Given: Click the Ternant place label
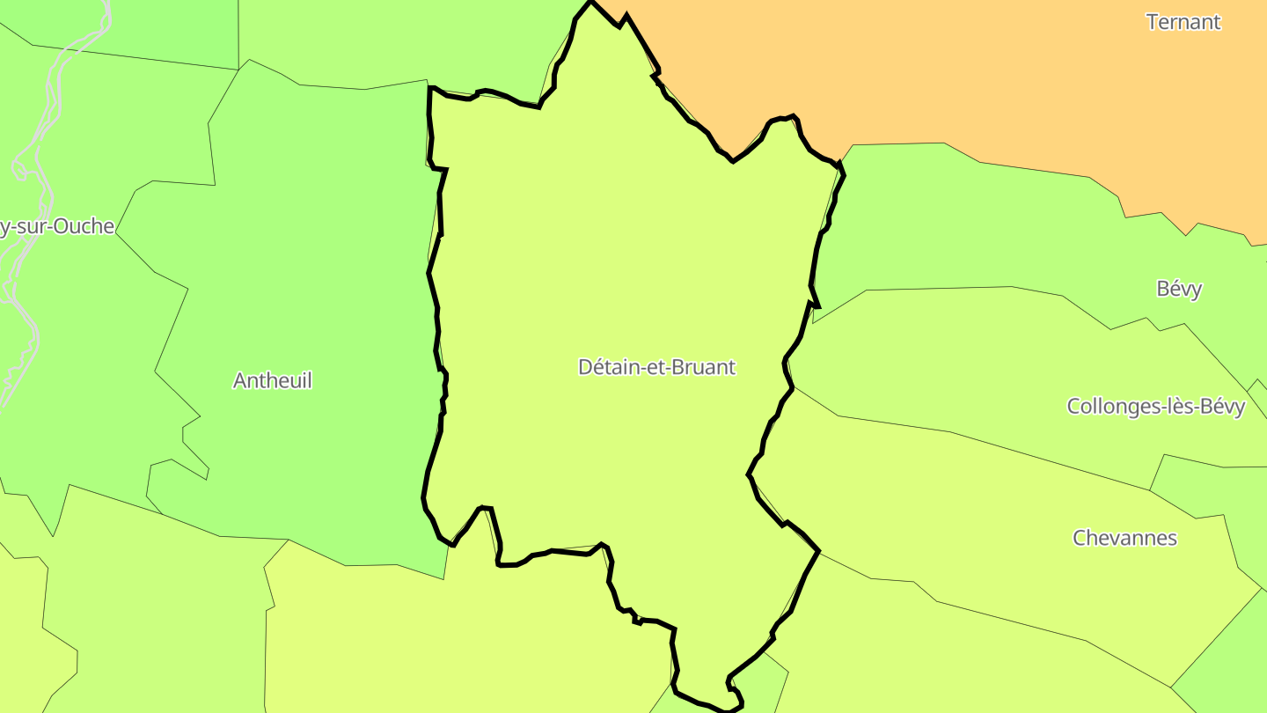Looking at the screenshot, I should click(x=1183, y=22).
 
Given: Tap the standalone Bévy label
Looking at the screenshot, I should click(x=1179, y=289).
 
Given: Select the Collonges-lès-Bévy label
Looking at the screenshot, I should click(x=1156, y=407).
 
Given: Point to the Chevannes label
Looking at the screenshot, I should click(x=1124, y=538).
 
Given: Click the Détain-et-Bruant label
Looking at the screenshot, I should click(x=656, y=367).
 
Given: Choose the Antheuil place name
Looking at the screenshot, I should click(x=273, y=380).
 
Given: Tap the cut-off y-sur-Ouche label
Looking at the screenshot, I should click(x=56, y=226).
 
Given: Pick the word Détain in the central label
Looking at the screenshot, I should click(x=608, y=367).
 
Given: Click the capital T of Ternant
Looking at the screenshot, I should click(x=1153, y=22).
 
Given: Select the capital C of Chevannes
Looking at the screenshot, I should click(x=1080, y=538).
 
